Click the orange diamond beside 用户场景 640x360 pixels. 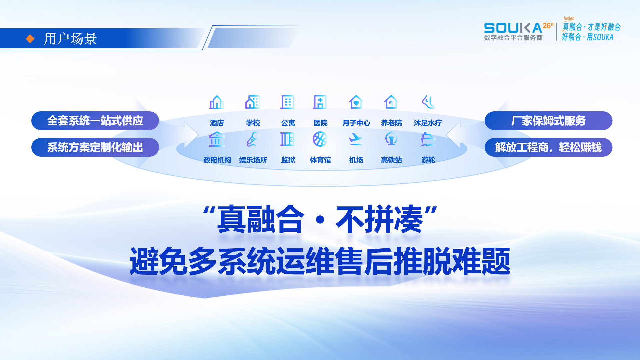(30, 39)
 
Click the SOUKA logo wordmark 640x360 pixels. (513, 28)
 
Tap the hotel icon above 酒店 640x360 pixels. (217, 102)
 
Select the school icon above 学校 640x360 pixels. (253, 102)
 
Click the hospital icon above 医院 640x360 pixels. (320, 102)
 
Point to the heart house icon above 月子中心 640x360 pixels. (356, 102)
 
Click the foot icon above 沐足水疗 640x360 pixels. (428, 102)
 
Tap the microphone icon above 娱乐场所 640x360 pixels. (253, 139)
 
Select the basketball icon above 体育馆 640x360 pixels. (320, 139)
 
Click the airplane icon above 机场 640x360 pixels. (356, 139)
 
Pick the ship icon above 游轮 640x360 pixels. (428, 139)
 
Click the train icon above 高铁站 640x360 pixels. (391, 139)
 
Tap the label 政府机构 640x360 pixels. (217, 160)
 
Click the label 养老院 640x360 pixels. (391, 123)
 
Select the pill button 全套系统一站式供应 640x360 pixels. (95, 121)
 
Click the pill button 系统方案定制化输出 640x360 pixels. (95, 147)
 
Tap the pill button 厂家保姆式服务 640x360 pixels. (548, 121)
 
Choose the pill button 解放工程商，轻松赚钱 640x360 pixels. (548, 147)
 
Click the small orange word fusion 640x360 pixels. (569, 19)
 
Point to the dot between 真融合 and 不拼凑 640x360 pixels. (320, 220)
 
